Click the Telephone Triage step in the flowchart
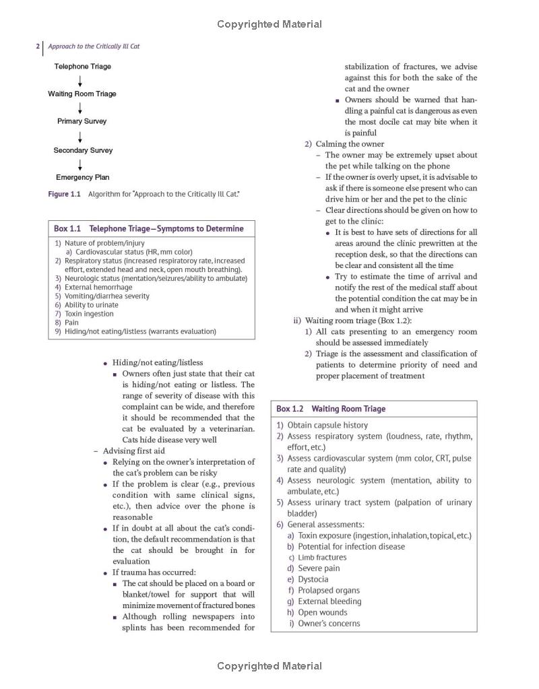coord(83,67)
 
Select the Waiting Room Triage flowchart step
coord(82,94)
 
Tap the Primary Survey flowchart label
coord(82,121)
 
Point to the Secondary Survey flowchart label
coord(83,150)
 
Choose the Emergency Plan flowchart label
coord(82,178)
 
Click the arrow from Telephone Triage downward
coord(80,81)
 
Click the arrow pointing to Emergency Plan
coord(80,164)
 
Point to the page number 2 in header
coord(38,46)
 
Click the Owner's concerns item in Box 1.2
coord(329,623)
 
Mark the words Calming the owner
coord(350,143)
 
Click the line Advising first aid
coord(133,451)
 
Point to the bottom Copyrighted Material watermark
coord(269,666)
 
